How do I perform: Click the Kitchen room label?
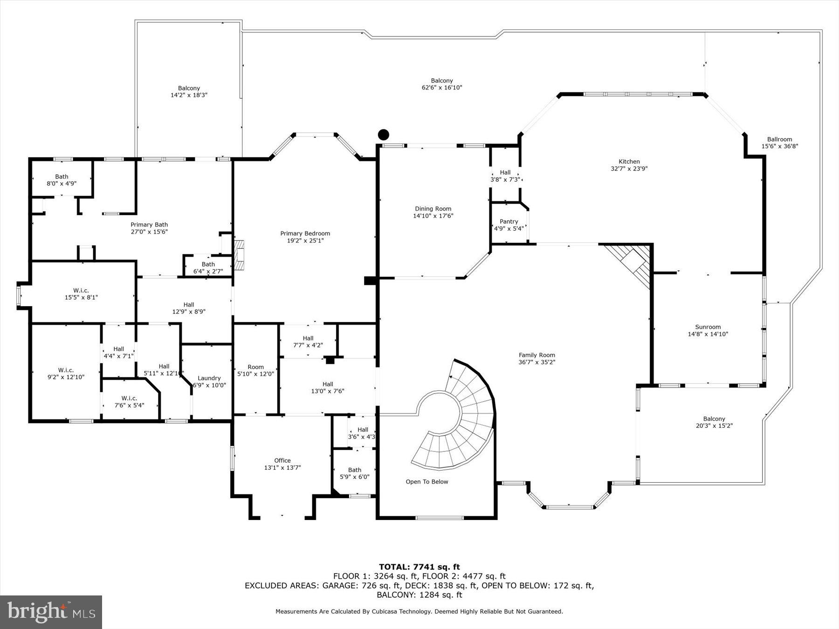[x=629, y=162]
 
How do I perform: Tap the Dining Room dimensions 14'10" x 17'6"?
[x=433, y=216]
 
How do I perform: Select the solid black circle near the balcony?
[x=383, y=135]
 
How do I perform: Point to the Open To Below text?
[x=426, y=482]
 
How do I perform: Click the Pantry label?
[x=509, y=221]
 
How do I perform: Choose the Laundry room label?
[x=209, y=378]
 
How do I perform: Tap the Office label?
[x=282, y=460]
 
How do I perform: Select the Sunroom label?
[x=708, y=327]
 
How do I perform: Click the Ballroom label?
[x=779, y=139]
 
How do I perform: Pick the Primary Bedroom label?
[x=305, y=233]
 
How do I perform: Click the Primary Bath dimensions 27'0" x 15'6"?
[x=149, y=232]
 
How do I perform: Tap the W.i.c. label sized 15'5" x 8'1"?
[x=81, y=290]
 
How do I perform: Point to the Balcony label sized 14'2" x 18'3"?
[x=189, y=88]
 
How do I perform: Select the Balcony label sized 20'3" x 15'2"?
[x=714, y=419]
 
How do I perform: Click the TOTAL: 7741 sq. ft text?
[x=419, y=567]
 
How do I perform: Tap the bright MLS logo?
[x=51, y=612]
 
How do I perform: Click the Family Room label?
[x=537, y=355]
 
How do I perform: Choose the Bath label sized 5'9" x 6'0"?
[x=354, y=470]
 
